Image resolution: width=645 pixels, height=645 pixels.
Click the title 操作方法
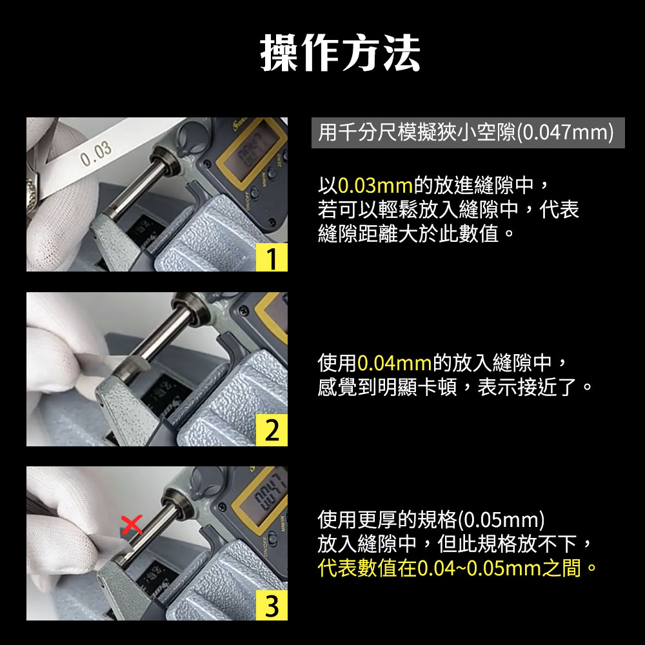click(x=340, y=54)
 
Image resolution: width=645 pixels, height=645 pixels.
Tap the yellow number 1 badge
click(x=272, y=257)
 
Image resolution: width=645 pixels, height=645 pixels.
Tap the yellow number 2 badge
click(x=272, y=430)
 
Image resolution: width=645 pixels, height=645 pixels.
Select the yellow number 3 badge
click(x=272, y=605)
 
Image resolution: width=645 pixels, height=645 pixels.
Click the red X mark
click(x=132, y=525)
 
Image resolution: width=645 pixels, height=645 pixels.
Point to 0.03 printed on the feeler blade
click(x=96, y=154)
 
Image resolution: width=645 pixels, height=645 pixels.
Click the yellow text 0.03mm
click(x=375, y=185)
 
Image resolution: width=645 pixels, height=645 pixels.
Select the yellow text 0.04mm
click(x=394, y=362)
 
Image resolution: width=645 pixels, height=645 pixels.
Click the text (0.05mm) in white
click(x=501, y=520)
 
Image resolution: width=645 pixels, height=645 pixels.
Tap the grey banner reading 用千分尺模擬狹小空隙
click(x=468, y=132)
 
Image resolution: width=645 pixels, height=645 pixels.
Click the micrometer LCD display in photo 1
click(x=252, y=150)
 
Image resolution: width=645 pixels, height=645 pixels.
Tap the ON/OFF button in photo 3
click(x=272, y=537)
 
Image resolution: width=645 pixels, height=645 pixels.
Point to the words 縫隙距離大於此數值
click(x=408, y=233)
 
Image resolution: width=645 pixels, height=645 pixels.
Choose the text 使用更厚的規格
click(x=387, y=520)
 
